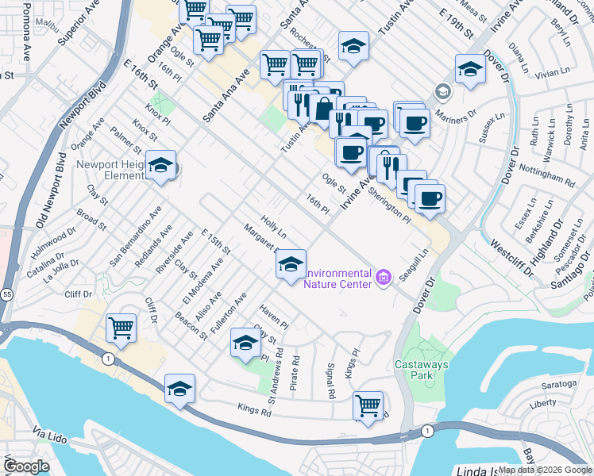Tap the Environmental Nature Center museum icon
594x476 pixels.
coord(384,277)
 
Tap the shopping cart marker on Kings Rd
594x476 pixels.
coord(368,406)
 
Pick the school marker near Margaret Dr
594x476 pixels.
coord(291,265)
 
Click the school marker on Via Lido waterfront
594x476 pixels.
coord(180,390)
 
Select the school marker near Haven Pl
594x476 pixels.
coord(246,344)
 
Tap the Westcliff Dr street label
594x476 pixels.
coord(507,255)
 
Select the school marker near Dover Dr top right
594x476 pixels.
coord(470,70)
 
